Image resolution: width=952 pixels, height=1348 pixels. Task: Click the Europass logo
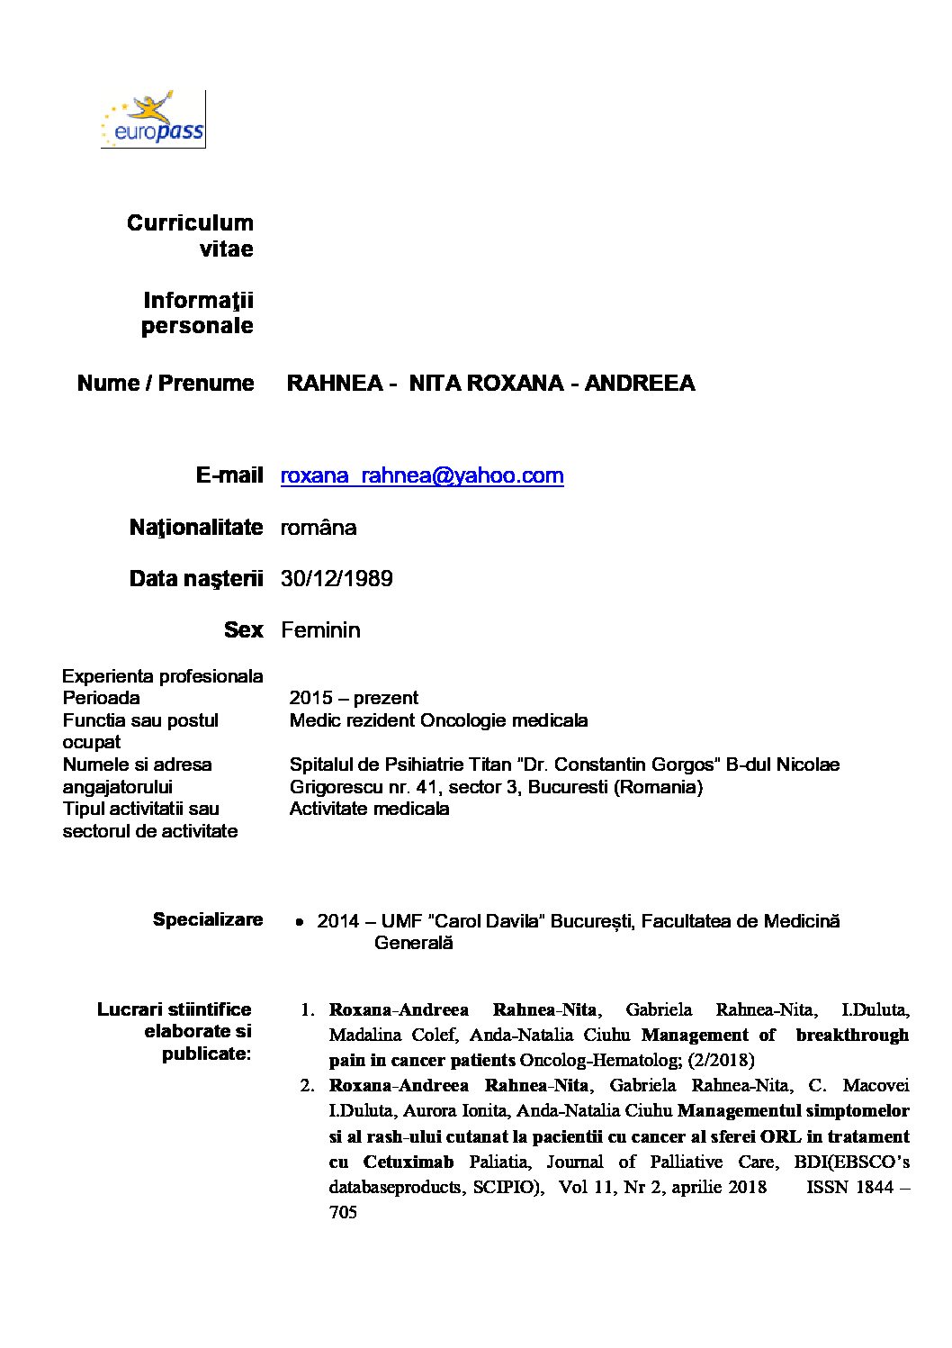153,119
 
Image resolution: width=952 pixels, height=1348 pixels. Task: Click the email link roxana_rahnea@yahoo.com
422,475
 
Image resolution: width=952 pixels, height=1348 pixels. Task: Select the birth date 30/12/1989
337,578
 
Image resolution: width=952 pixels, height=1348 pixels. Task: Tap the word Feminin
320,629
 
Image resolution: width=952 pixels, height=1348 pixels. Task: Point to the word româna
319,527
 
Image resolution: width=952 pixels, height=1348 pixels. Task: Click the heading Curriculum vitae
190,235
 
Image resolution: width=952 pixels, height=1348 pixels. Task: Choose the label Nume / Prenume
166,383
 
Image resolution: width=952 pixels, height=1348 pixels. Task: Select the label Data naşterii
196,578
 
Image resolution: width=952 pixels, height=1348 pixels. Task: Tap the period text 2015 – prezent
354,698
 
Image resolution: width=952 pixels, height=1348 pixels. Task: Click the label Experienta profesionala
163,675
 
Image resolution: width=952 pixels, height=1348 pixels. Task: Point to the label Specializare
208,919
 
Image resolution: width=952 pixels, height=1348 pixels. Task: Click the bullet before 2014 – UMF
300,922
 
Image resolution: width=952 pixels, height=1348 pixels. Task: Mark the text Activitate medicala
369,809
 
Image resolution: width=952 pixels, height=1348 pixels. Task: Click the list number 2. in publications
307,1085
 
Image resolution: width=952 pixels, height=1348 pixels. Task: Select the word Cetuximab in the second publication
409,1162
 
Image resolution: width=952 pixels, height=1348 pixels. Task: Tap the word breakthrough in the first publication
852,1035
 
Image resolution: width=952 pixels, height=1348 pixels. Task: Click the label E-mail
229,475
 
